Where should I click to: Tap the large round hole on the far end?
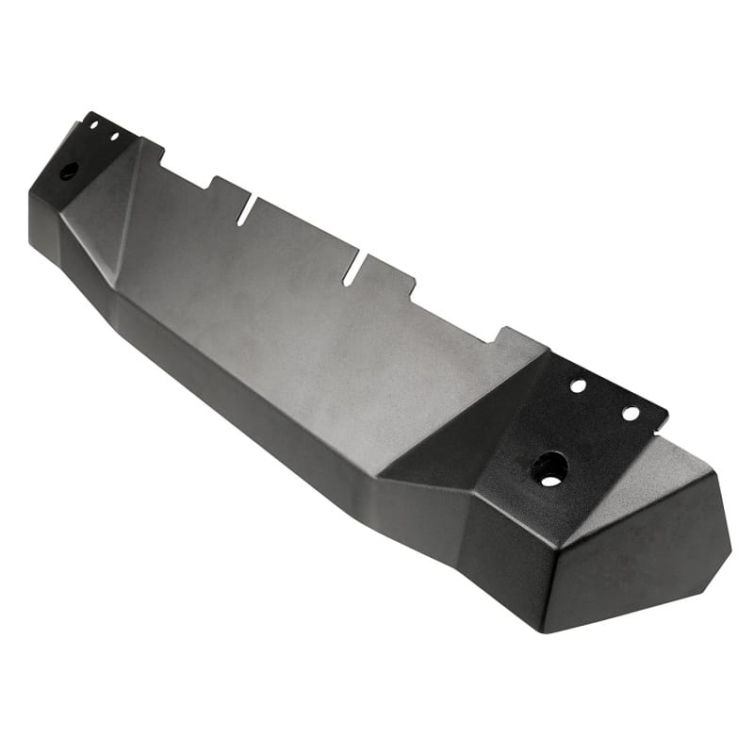68,172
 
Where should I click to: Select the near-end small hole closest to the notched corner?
631,413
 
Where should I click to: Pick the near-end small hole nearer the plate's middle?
578,386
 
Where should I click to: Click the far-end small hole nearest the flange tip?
93,125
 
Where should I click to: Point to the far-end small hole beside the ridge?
114,137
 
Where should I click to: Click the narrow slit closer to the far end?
244,211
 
